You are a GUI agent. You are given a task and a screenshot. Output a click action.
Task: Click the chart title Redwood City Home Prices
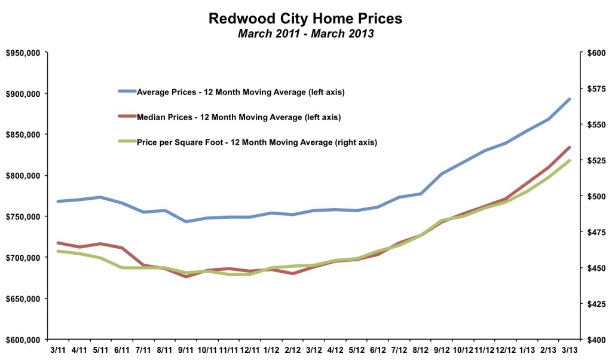(305, 19)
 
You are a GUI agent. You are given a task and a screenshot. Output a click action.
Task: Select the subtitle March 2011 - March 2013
(305, 33)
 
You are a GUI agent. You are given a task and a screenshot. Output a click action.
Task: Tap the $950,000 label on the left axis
(22, 53)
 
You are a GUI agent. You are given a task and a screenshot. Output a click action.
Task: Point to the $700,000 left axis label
(22, 258)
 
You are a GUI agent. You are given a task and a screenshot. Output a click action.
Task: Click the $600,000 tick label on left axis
(22, 340)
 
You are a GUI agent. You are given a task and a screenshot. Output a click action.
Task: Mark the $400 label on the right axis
(596, 340)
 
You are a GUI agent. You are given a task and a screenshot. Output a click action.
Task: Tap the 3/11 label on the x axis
(58, 349)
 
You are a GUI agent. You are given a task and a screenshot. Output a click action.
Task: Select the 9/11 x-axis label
(186, 349)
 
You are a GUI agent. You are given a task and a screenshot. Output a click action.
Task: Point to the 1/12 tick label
(271, 349)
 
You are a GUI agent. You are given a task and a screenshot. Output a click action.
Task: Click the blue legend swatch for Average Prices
(127, 92)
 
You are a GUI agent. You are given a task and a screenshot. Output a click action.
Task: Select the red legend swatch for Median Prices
(127, 117)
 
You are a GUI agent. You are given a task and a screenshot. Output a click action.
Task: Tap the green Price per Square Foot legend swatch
(127, 142)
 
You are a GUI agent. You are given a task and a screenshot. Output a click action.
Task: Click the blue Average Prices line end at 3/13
(570, 99)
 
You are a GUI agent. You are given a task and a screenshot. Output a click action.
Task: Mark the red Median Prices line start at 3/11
(58, 243)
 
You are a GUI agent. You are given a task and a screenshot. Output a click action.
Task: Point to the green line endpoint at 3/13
(570, 160)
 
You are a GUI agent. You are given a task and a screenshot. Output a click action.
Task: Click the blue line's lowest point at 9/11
(186, 222)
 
